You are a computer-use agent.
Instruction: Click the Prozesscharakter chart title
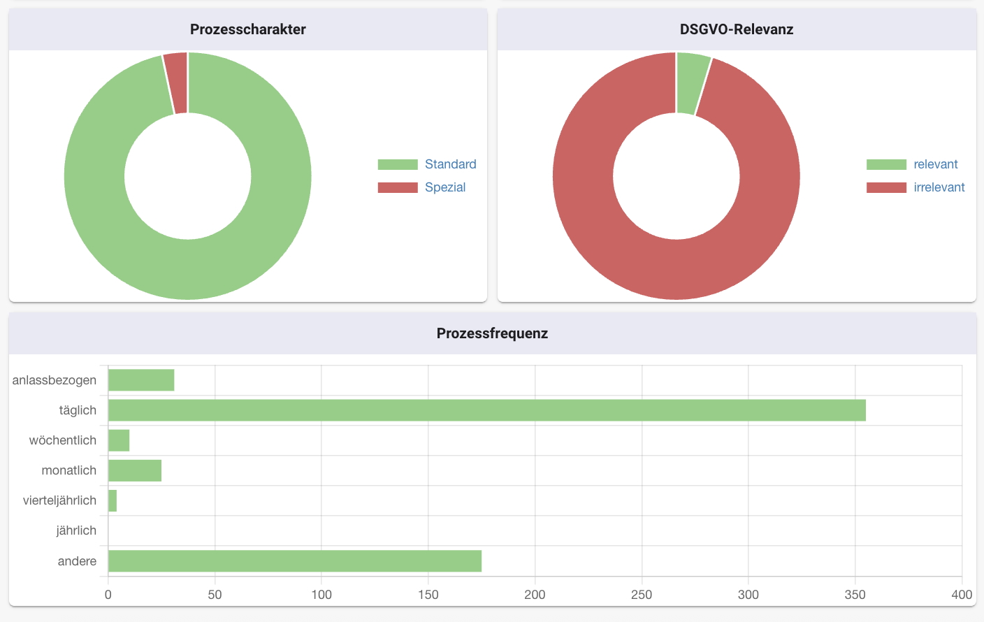tap(247, 29)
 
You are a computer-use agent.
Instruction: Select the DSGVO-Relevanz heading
tap(736, 29)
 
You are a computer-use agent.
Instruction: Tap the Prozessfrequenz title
tap(492, 333)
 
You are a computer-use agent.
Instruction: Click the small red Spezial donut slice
tap(176, 82)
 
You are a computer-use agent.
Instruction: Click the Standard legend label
tap(450, 164)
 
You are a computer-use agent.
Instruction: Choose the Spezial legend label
tap(444, 187)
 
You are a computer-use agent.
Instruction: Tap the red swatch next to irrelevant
tap(885, 187)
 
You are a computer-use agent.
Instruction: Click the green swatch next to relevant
tap(885, 164)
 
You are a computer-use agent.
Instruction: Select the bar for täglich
tap(486, 410)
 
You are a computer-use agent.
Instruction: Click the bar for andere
tap(294, 560)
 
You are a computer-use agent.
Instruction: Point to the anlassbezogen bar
tap(141, 380)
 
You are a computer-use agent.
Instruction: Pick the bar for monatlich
tap(135, 470)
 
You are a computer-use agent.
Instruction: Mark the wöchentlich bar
tap(119, 440)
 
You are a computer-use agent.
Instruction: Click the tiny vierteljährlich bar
tap(113, 500)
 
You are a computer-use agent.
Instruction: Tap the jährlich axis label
tap(76, 530)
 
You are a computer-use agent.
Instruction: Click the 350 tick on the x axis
tap(855, 595)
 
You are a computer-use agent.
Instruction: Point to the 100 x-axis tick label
tap(321, 595)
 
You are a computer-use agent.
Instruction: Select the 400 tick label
tap(961, 595)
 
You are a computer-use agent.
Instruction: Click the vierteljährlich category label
tap(59, 500)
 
